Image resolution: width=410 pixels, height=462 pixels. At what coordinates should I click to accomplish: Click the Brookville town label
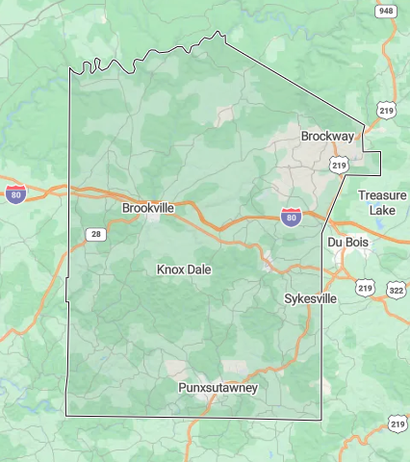pos(147,208)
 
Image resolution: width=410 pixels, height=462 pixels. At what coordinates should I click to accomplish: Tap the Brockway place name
pos(327,137)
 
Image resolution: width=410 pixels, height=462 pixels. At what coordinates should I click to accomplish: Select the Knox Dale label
pos(184,270)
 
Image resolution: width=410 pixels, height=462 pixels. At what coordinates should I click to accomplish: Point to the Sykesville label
pos(311,299)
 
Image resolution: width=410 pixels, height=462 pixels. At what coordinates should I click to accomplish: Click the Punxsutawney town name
pos(218,388)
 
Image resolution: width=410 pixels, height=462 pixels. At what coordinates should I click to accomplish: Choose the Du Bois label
pos(348,242)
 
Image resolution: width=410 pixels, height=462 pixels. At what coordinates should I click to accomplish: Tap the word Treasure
pos(382,194)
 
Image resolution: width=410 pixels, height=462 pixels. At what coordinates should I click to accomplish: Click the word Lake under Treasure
pos(382,210)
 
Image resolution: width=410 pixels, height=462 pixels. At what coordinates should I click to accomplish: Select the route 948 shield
pos(386,12)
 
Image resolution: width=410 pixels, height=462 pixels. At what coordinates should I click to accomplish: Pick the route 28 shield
pos(94,234)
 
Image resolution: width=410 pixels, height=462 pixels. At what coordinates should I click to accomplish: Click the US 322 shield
pos(396,289)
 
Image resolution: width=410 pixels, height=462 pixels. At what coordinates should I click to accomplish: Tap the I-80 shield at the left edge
pos(15,194)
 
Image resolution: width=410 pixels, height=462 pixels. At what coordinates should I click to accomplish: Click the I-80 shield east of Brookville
pos(291,218)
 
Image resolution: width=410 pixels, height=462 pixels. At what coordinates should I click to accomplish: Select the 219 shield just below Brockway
pos(339,166)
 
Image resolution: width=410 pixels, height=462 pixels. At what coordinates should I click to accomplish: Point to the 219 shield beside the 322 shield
pos(365,288)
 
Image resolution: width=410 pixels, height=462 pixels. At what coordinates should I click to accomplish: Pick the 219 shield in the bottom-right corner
pos(397,423)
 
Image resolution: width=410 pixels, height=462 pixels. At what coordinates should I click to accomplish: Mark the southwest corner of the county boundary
pos(66,416)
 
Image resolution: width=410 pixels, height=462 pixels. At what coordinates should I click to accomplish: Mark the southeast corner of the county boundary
pos(320,419)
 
